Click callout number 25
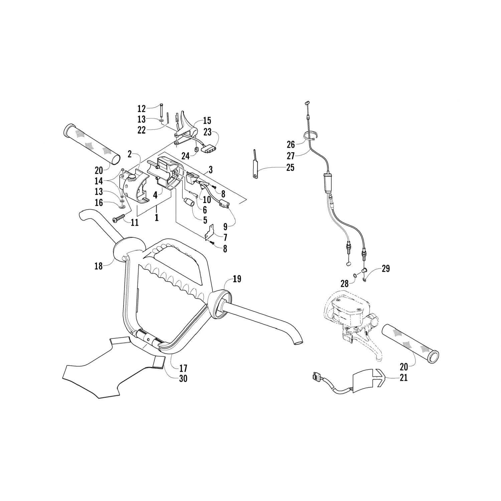pyautogui.click(x=290, y=167)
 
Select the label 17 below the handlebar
pyautogui.click(x=183, y=368)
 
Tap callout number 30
pyautogui.click(x=183, y=378)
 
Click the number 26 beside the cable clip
pyautogui.click(x=291, y=144)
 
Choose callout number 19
pyautogui.click(x=237, y=279)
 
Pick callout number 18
pyautogui.click(x=99, y=266)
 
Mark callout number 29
pyautogui.click(x=386, y=269)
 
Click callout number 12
pyautogui.click(x=142, y=109)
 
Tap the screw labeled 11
pyautogui.click(x=118, y=219)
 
